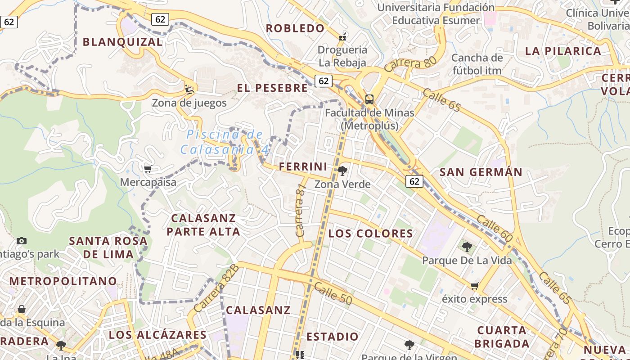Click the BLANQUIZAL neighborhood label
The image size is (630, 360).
(122, 42)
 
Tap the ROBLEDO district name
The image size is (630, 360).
(295, 28)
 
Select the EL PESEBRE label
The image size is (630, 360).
(272, 88)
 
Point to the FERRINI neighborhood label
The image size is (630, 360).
(303, 166)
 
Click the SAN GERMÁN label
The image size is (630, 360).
(481, 172)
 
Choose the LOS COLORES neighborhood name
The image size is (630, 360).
(370, 234)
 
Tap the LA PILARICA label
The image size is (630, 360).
(563, 51)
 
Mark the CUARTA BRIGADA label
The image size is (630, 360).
(501, 337)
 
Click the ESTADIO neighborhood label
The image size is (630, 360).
(332, 337)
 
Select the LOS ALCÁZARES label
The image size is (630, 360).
(157, 335)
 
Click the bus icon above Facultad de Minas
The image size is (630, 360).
(369, 99)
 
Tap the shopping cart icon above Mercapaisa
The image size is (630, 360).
(148, 169)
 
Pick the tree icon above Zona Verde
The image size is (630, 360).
(342, 171)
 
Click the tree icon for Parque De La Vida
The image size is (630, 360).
(467, 247)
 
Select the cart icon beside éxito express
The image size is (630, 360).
(474, 286)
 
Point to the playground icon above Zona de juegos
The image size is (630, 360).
(189, 89)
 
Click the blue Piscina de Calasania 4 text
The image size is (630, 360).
(225, 141)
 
